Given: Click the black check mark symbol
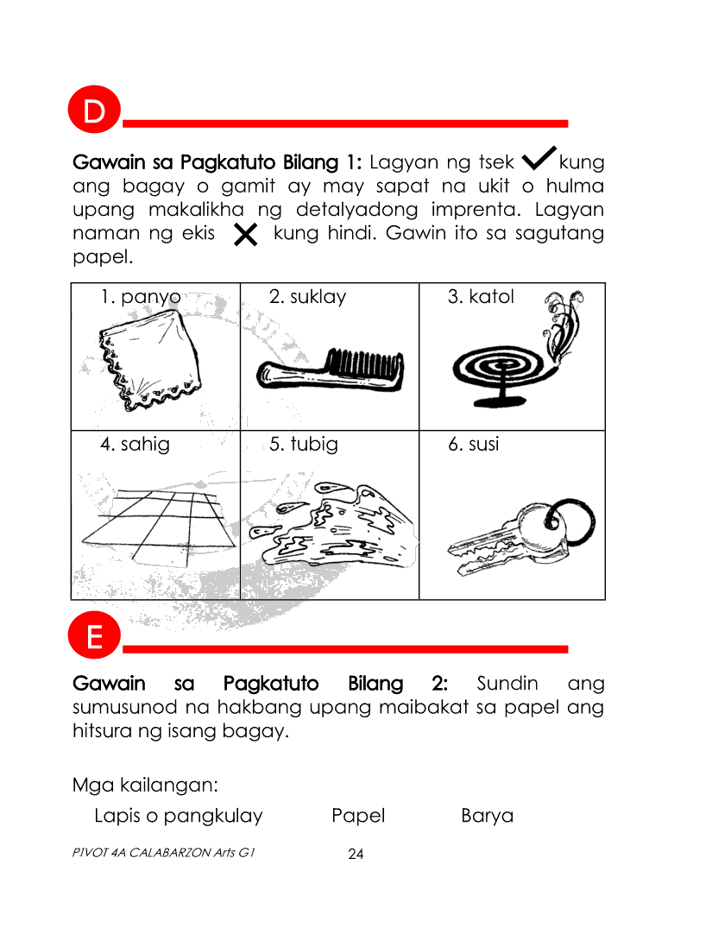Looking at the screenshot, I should [539, 159].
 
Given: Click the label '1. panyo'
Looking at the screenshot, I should [141, 297].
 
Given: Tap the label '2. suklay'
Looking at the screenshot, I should [307, 297].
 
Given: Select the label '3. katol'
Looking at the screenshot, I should [480, 297].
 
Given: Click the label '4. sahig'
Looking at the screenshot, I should [135, 445].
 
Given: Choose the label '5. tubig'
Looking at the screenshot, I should [303, 445].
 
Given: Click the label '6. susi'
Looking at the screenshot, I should [473, 445].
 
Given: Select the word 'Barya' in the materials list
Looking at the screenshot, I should [487, 816].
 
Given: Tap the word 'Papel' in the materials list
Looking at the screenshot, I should [358, 816].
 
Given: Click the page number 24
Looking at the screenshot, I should [356, 855].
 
